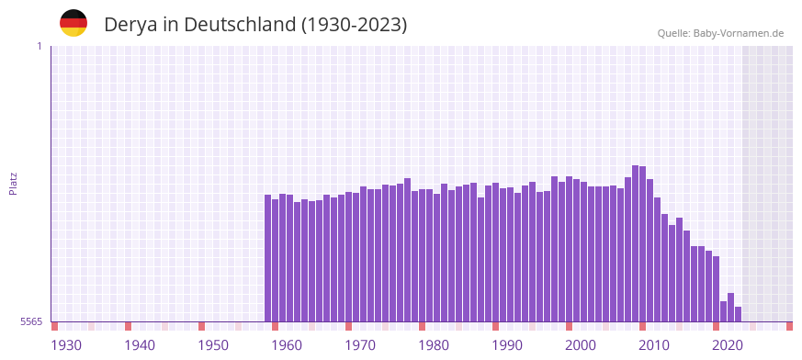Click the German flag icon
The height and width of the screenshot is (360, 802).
pos(73,24)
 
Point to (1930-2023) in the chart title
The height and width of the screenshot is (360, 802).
pos(354,25)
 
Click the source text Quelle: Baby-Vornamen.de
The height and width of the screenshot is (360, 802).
pos(720,33)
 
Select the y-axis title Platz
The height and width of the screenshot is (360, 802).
pos(13,184)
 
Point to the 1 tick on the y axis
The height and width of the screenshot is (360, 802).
pos(39,46)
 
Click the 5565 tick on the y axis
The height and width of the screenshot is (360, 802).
pos(31,321)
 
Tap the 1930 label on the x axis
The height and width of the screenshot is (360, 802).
pos(66,345)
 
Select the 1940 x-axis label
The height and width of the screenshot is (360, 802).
pos(140,345)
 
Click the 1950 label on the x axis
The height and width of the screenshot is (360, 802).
pos(213,345)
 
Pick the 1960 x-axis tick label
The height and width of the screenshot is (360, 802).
pos(287,345)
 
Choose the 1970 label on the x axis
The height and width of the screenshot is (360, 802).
pos(360,345)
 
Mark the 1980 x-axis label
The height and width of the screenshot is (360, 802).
pos(434,345)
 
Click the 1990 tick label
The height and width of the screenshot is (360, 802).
pos(507,345)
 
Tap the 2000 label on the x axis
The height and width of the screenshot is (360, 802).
pos(581,345)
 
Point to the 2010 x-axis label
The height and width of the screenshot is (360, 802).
pos(654,345)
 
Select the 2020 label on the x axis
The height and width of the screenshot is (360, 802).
pos(728,345)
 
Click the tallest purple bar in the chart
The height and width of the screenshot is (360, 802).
pos(635,243)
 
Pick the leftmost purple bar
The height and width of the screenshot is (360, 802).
pos(267,258)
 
